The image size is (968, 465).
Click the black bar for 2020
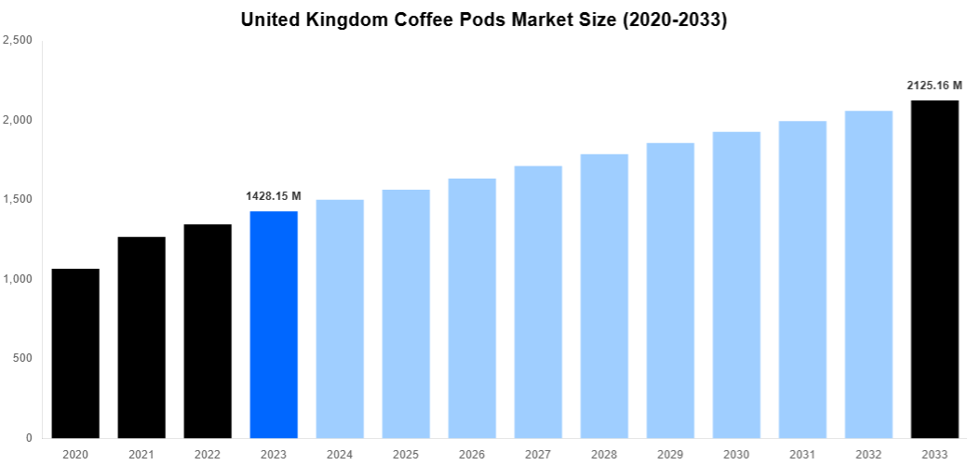75,353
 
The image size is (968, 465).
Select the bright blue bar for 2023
274,325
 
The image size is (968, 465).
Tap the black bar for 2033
934,269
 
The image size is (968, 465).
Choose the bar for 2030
736,285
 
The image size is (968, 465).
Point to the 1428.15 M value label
274,196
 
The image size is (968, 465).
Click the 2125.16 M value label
934,86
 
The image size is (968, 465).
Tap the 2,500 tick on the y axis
18,40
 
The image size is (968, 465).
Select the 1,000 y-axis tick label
18,279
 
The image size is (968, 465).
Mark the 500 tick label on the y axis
22,358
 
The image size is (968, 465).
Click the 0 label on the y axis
29,438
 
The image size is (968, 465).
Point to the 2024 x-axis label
340,454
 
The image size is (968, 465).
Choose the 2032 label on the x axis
868,454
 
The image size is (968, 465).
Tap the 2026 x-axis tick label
472,454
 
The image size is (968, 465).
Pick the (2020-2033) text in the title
671,20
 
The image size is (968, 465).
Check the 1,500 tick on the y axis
18,199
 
